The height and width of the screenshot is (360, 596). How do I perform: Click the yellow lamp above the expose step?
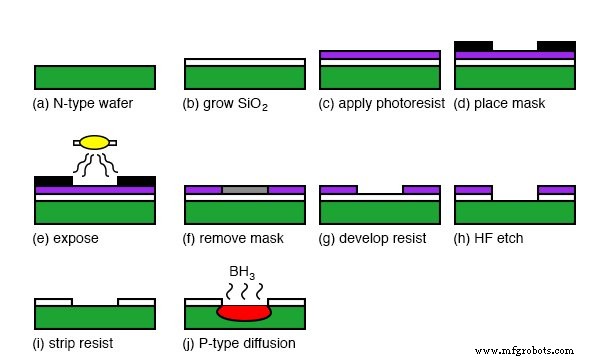click(95, 143)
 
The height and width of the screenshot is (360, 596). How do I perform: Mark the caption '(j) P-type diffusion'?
click(240, 343)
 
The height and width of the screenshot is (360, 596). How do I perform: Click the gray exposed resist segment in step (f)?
click(245, 189)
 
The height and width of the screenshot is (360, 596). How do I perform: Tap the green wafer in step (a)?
click(95, 77)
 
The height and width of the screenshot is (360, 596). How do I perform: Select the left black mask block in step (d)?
click(474, 45)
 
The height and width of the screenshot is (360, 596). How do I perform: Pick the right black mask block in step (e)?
click(136, 181)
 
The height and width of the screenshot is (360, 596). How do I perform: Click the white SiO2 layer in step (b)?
click(245, 62)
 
